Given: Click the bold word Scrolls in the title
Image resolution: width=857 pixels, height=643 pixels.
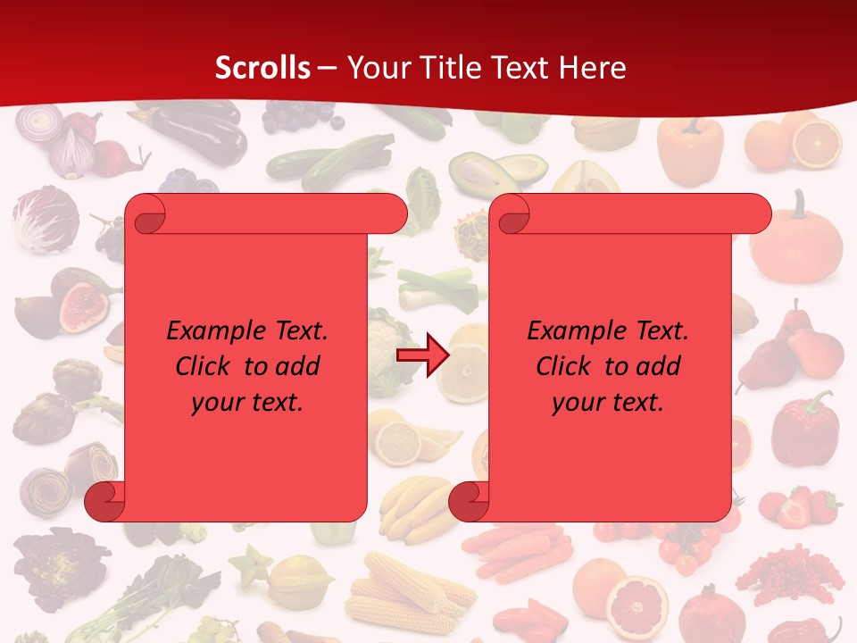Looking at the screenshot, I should [262, 68].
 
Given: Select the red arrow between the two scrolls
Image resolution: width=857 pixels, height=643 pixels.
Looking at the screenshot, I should [421, 355].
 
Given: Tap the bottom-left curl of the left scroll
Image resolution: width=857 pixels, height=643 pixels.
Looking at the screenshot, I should [104, 501].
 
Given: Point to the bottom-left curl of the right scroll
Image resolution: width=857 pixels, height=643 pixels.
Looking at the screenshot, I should [469, 501].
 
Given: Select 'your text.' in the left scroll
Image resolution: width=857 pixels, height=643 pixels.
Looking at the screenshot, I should [247, 403].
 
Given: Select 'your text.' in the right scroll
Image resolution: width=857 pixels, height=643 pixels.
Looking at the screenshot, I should [608, 403].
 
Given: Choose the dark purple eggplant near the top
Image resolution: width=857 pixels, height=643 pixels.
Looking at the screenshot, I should [201, 135].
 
